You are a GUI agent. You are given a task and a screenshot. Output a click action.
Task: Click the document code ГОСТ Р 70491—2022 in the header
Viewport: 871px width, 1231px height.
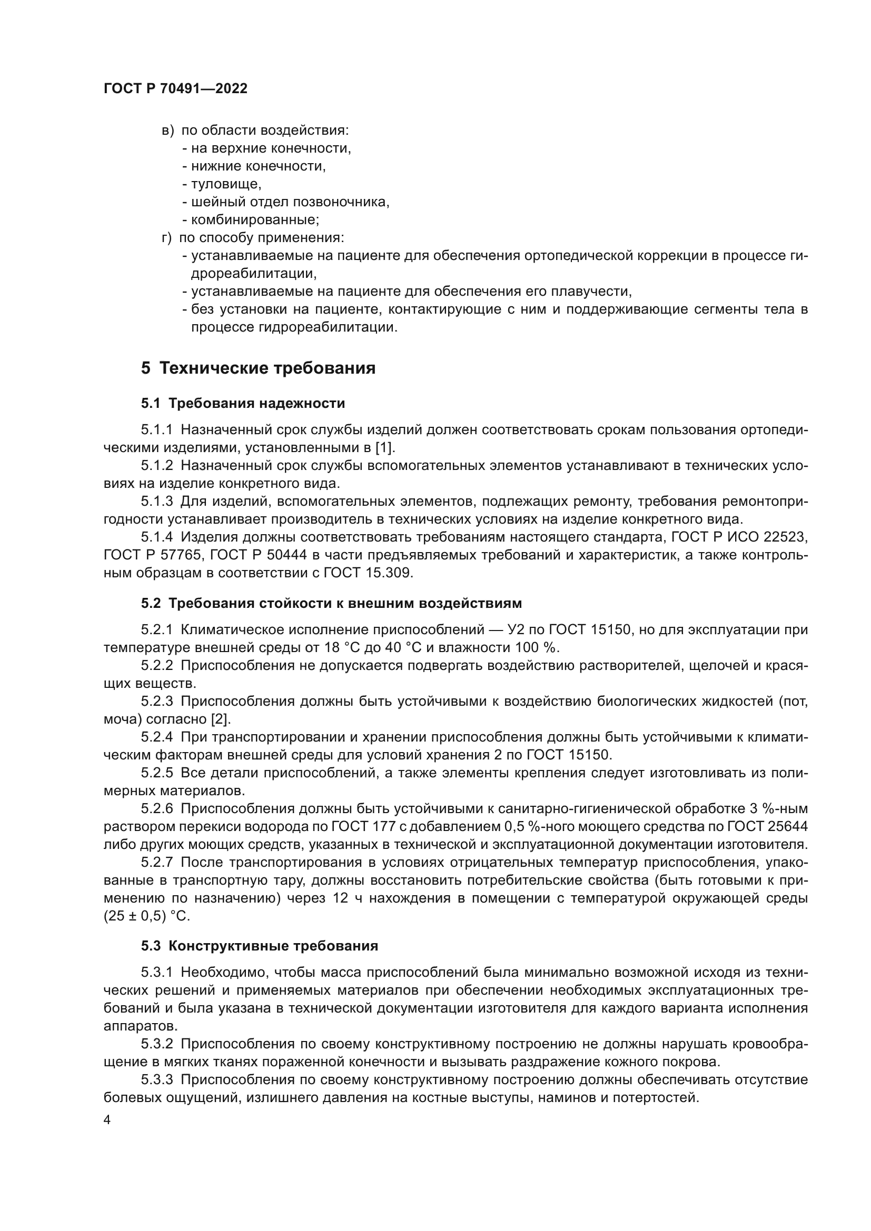coord(175,89)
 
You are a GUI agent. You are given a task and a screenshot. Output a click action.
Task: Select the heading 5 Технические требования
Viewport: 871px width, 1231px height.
coord(258,368)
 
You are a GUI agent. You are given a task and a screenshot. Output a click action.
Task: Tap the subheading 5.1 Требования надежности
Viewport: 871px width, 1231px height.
coord(243,403)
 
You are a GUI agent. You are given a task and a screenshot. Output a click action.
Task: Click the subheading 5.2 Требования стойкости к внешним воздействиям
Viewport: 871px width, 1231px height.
coord(331,603)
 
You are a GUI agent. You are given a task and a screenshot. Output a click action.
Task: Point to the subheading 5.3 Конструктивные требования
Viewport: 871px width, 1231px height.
coord(260,946)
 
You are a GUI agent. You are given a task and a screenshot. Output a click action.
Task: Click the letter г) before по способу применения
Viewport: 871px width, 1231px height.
coord(166,237)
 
